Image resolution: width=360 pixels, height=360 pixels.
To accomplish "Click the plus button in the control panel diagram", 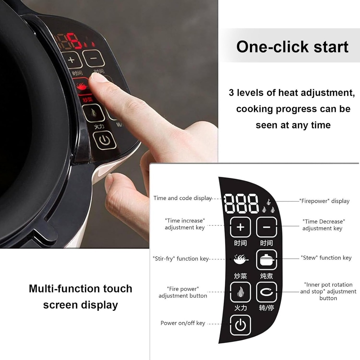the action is pyautogui.click(x=240, y=227).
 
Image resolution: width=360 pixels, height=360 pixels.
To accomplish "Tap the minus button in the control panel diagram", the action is pyautogui.click(x=266, y=227).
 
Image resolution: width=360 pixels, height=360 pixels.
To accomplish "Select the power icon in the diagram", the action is pyautogui.click(x=240, y=325).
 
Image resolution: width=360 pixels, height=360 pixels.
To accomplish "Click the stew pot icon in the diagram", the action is pyautogui.click(x=266, y=260).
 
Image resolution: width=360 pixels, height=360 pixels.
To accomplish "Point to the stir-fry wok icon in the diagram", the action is pyautogui.click(x=241, y=259).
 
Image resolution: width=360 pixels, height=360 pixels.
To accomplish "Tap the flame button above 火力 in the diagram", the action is pyautogui.click(x=240, y=292).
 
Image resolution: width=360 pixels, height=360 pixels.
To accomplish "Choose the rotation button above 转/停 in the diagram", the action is pyautogui.click(x=266, y=292).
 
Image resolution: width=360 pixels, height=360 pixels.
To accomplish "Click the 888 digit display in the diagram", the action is pyautogui.click(x=241, y=204).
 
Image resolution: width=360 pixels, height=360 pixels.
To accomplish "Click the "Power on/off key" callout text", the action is pyautogui.click(x=183, y=323).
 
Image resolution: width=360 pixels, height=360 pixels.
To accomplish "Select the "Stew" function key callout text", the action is pyautogui.click(x=326, y=258).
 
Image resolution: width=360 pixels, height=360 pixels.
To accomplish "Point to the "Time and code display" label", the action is pyautogui.click(x=182, y=198).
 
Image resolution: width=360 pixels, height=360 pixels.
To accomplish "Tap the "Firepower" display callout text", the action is pyautogui.click(x=324, y=201).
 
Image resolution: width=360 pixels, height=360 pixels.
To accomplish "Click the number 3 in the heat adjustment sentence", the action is pyautogui.click(x=231, y=93).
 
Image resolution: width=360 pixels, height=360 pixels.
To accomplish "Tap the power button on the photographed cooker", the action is pyautogui.click(x=104, y=140).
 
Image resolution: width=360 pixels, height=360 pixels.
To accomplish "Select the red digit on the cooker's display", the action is pyautogui.click(x=75, y=41).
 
